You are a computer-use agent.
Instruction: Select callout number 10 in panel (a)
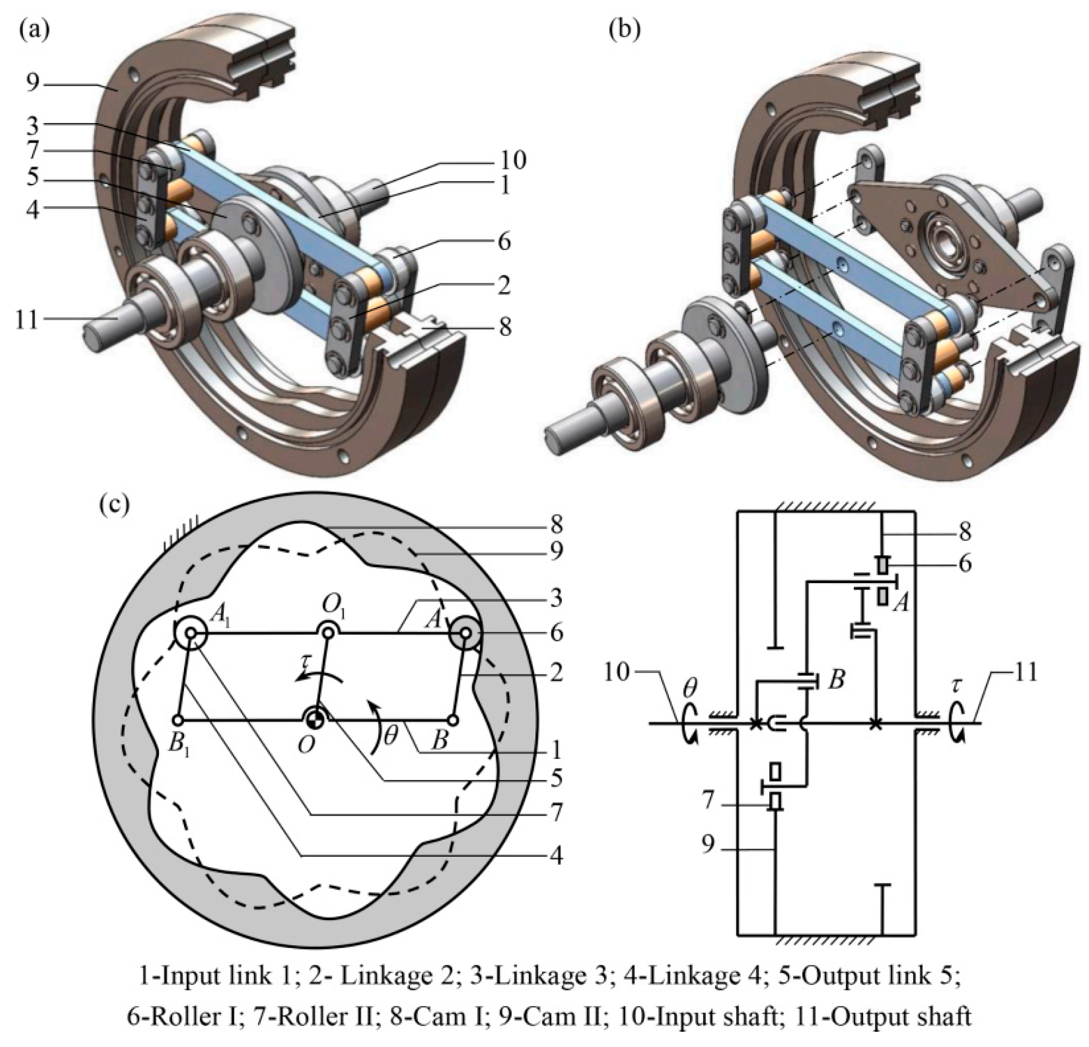pyautogui.click(x=512, y=161)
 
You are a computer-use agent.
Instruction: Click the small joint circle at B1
pyautogui.click(x=178, y=720)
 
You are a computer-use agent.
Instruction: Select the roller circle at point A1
pyautogui.click(x=190, y=633)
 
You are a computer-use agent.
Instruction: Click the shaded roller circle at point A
pyautogui.click(x=466, y=633)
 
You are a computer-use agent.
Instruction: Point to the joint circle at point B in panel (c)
pyautogui.click(x=453, y=720)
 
